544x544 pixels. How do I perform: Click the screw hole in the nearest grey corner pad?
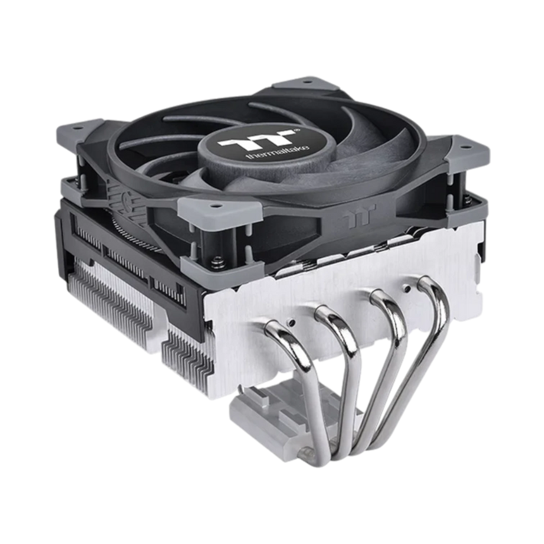214,206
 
